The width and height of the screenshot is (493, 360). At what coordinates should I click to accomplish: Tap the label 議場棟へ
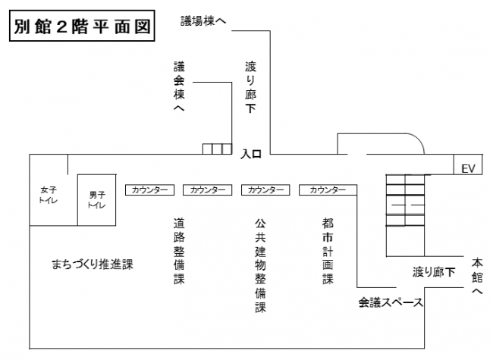click(203, 20)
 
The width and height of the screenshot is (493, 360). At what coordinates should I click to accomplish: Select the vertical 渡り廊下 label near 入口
click(251, 88)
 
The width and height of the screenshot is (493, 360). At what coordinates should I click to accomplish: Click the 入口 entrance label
click(251, 155)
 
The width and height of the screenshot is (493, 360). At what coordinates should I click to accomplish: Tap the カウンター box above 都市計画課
click(323, 189)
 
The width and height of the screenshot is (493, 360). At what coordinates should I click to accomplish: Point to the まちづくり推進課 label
click(93, 265)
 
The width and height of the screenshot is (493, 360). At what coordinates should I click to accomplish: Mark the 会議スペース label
click(391, 302)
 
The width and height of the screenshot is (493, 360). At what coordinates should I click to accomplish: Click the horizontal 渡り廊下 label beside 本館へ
click(434, 271)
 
